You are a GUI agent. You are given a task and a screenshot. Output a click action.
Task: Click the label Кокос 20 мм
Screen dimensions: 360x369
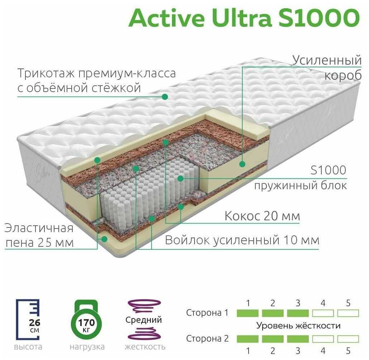click(x=262, y=216)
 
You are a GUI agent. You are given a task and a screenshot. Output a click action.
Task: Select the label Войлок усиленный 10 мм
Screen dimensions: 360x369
click(x=242, y=240)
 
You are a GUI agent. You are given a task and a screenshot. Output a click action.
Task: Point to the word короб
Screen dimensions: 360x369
click(x=342, y=76)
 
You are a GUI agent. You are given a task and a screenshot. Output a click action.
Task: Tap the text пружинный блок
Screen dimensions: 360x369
click(x=300, y=186)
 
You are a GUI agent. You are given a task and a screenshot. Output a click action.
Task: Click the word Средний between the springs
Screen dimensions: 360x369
click(x=144, y=320)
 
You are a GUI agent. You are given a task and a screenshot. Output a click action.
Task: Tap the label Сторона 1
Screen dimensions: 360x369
click(x=207, y=313)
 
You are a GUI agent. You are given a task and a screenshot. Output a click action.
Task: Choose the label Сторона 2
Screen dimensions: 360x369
click(x=207, y=338)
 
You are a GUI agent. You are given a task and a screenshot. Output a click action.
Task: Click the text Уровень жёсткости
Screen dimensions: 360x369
click(x=298, y=326)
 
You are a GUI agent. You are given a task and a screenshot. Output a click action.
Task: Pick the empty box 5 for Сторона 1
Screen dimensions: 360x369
click(x=348, y=313)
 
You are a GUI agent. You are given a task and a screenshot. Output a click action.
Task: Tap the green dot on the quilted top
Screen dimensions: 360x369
click(x=165, y=97)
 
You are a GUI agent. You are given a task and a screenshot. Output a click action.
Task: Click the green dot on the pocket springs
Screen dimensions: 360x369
click(x=181, y=178)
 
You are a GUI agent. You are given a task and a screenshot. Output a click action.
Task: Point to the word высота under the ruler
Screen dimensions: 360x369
click(x=28, y=347)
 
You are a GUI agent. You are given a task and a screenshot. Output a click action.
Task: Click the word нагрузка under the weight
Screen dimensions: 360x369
click(x=87, y=347)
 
